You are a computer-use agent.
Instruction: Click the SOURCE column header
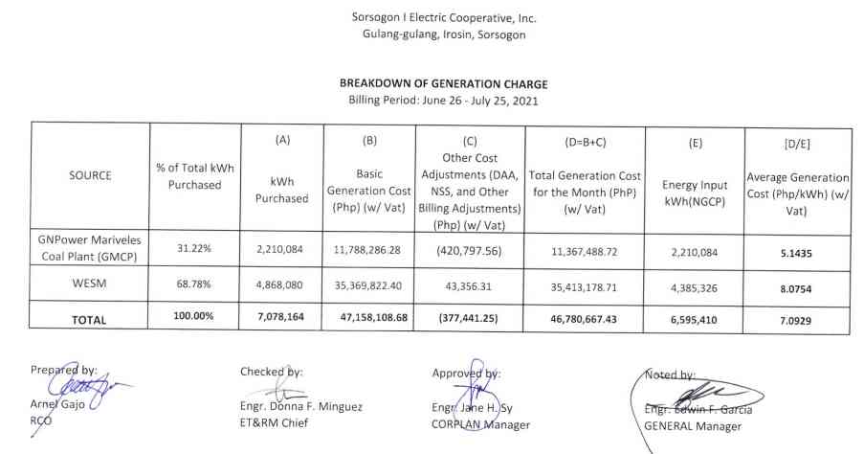coord(90,175)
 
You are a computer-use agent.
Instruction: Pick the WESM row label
coord(90,284)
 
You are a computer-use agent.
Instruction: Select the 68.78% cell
coord(194,284)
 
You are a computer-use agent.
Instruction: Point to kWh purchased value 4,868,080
coord(278,284)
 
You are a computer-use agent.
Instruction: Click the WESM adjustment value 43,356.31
coord(469,284)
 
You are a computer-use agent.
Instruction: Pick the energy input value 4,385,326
coord(694,284)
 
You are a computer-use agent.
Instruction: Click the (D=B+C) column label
coord(584,141)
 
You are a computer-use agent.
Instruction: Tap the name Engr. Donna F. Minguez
coord(300,407)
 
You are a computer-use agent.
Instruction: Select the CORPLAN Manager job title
coord(480,424)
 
